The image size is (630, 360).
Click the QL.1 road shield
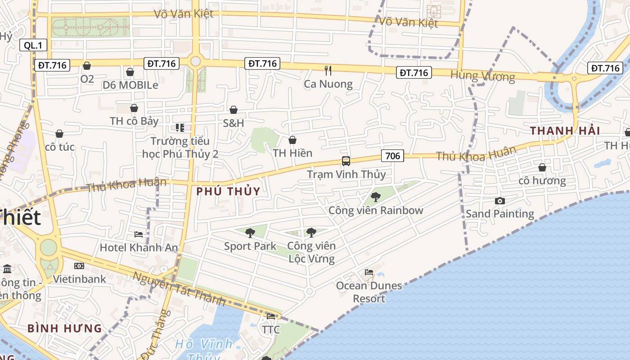pyautogui.click(x=33, y=45)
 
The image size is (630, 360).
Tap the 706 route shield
pyautogui.click(x=392, y=156)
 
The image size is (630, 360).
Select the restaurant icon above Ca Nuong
pyautogui.click(x=328, y=70)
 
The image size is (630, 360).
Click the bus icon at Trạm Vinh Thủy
pyautogui.click(x=346, y=161)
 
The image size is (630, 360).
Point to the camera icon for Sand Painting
pyautogui.click(x=499, y=201)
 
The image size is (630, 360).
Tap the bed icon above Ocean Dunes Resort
pyautogui.click(x=369, y=272)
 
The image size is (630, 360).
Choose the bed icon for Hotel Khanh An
pyautogui.click(x=139, y=234)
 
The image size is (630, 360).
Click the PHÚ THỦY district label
pyautogui.click(x=228, y=191)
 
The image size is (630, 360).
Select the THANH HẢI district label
pyautogui.click(x=565, y=131)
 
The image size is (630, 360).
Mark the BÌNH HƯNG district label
pyautogui.click(x=65, y=328)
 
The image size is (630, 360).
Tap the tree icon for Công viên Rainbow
pyautogui.click(x=375, y=197)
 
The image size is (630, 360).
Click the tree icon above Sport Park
pyautogui.click(x=250, y=233)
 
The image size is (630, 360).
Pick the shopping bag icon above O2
pyautogui.click(x=87, y=66)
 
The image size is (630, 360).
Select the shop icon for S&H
pyautogui.click(x=234, y=110)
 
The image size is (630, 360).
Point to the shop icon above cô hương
pyautogui.click(x=542, y=167)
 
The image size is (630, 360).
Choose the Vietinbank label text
pyautogui.click(x=80, y=279)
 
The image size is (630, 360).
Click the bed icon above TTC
pyautogui.click(x=271, y=316)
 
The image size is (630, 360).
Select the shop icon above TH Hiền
pyautogui.click(x=292, y=140)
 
